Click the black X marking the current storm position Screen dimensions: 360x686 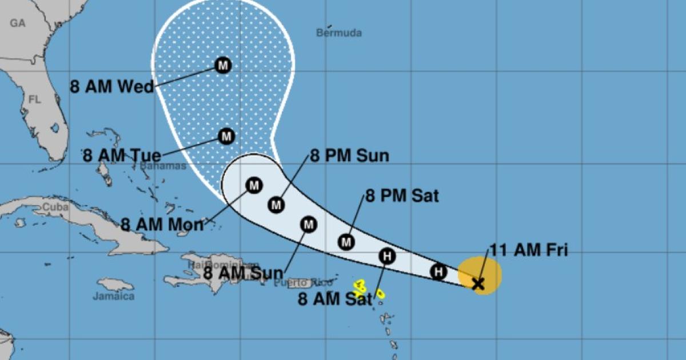pos(478,283)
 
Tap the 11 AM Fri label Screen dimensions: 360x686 pos(528,250)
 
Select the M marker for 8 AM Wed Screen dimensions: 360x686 pos(223,66)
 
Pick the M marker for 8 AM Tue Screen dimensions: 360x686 pos(227,137)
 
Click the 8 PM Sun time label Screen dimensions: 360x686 pos(349,156)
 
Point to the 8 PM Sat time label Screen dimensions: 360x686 pos(402,196)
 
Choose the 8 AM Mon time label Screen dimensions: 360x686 pos(162,225)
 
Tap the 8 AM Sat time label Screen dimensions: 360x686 pos(335,298)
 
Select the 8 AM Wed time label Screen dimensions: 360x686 pos(112,87)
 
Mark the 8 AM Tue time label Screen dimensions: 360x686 pos(121,155)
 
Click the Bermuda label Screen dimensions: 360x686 pos(339,33)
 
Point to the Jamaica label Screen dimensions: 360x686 pos(114,297)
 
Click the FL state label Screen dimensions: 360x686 pos(35,100)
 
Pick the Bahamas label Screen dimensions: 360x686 pos(163,166)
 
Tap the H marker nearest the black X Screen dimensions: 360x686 pos(438,271)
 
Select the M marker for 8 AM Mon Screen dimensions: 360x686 pos(254,185)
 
